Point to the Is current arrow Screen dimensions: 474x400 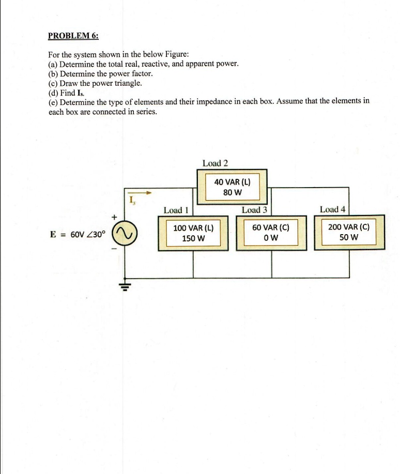point(141,193)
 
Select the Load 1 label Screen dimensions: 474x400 point(176,210)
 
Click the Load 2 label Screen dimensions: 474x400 point(216,163)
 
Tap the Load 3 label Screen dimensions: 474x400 point(254,210)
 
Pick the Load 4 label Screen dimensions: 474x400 point(333,209)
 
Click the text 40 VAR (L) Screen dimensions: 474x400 point(233,182)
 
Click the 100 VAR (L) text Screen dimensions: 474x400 point(193,228)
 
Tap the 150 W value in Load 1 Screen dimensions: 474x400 point(193,239)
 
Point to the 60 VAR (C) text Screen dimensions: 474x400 point(271,227)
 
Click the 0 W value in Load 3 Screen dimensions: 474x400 point(271,238)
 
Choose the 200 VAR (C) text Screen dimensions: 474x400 point(349,227)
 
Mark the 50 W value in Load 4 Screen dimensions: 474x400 point(349,238)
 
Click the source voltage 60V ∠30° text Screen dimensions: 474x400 point(87,234)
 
